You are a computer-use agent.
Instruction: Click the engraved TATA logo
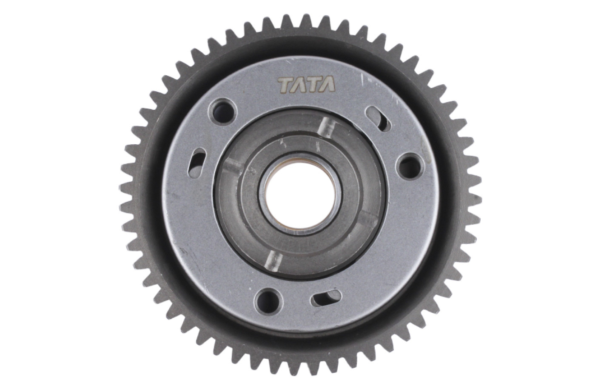[x=307, y=84]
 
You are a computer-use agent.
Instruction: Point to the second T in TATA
[x=313, y=84]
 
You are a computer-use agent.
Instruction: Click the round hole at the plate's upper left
[x=222, y=111]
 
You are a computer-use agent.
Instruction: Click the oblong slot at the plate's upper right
[x=379, y=119]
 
